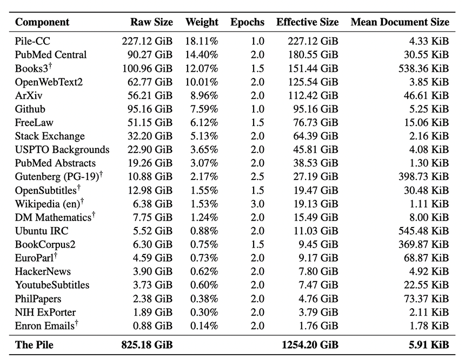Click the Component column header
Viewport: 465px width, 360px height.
pyautogui.click(x=42, y=22)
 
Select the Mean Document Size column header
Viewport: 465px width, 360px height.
pyautogui.click(x=400, y=22)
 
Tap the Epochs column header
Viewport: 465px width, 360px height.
pyautogui.click(x=247, y=22)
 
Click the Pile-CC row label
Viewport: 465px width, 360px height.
pyautogui.click(x=32, y=41)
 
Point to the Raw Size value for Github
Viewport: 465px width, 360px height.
pyautogui.click(x=150, y=109)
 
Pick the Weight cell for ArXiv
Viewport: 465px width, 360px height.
pyautogui.click(x=204, y=96)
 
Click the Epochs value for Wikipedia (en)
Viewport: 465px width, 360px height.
pyautogui.click(x=257, y=204)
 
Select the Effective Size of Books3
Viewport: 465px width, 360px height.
pyautogui.click(x=313, y=69)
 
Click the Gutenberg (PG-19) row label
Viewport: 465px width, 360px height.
pyautogui.click(x=59, y=176)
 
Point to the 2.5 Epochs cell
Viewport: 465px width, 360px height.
pyautogui.click(x=257, y=176)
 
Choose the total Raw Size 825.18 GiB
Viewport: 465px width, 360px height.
pyautogui.click(x=147, y=345)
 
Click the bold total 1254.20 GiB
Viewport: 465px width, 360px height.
pyautogui.click(x=310, y=345)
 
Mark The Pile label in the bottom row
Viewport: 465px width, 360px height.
pyautogui.click(x=34, y=345)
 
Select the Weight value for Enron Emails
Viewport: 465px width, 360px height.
pyautogui.click(x=204, y=325)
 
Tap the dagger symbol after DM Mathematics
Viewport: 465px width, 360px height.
pyautogui.click(x=94, y=214)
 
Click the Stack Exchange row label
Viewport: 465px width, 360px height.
pyautogui.click(x=50, y=136)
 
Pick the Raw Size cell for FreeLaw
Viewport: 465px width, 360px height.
pyautogui.click(x=150, y=123)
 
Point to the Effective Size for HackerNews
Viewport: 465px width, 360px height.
pyautogui.click(x=318, y=271)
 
